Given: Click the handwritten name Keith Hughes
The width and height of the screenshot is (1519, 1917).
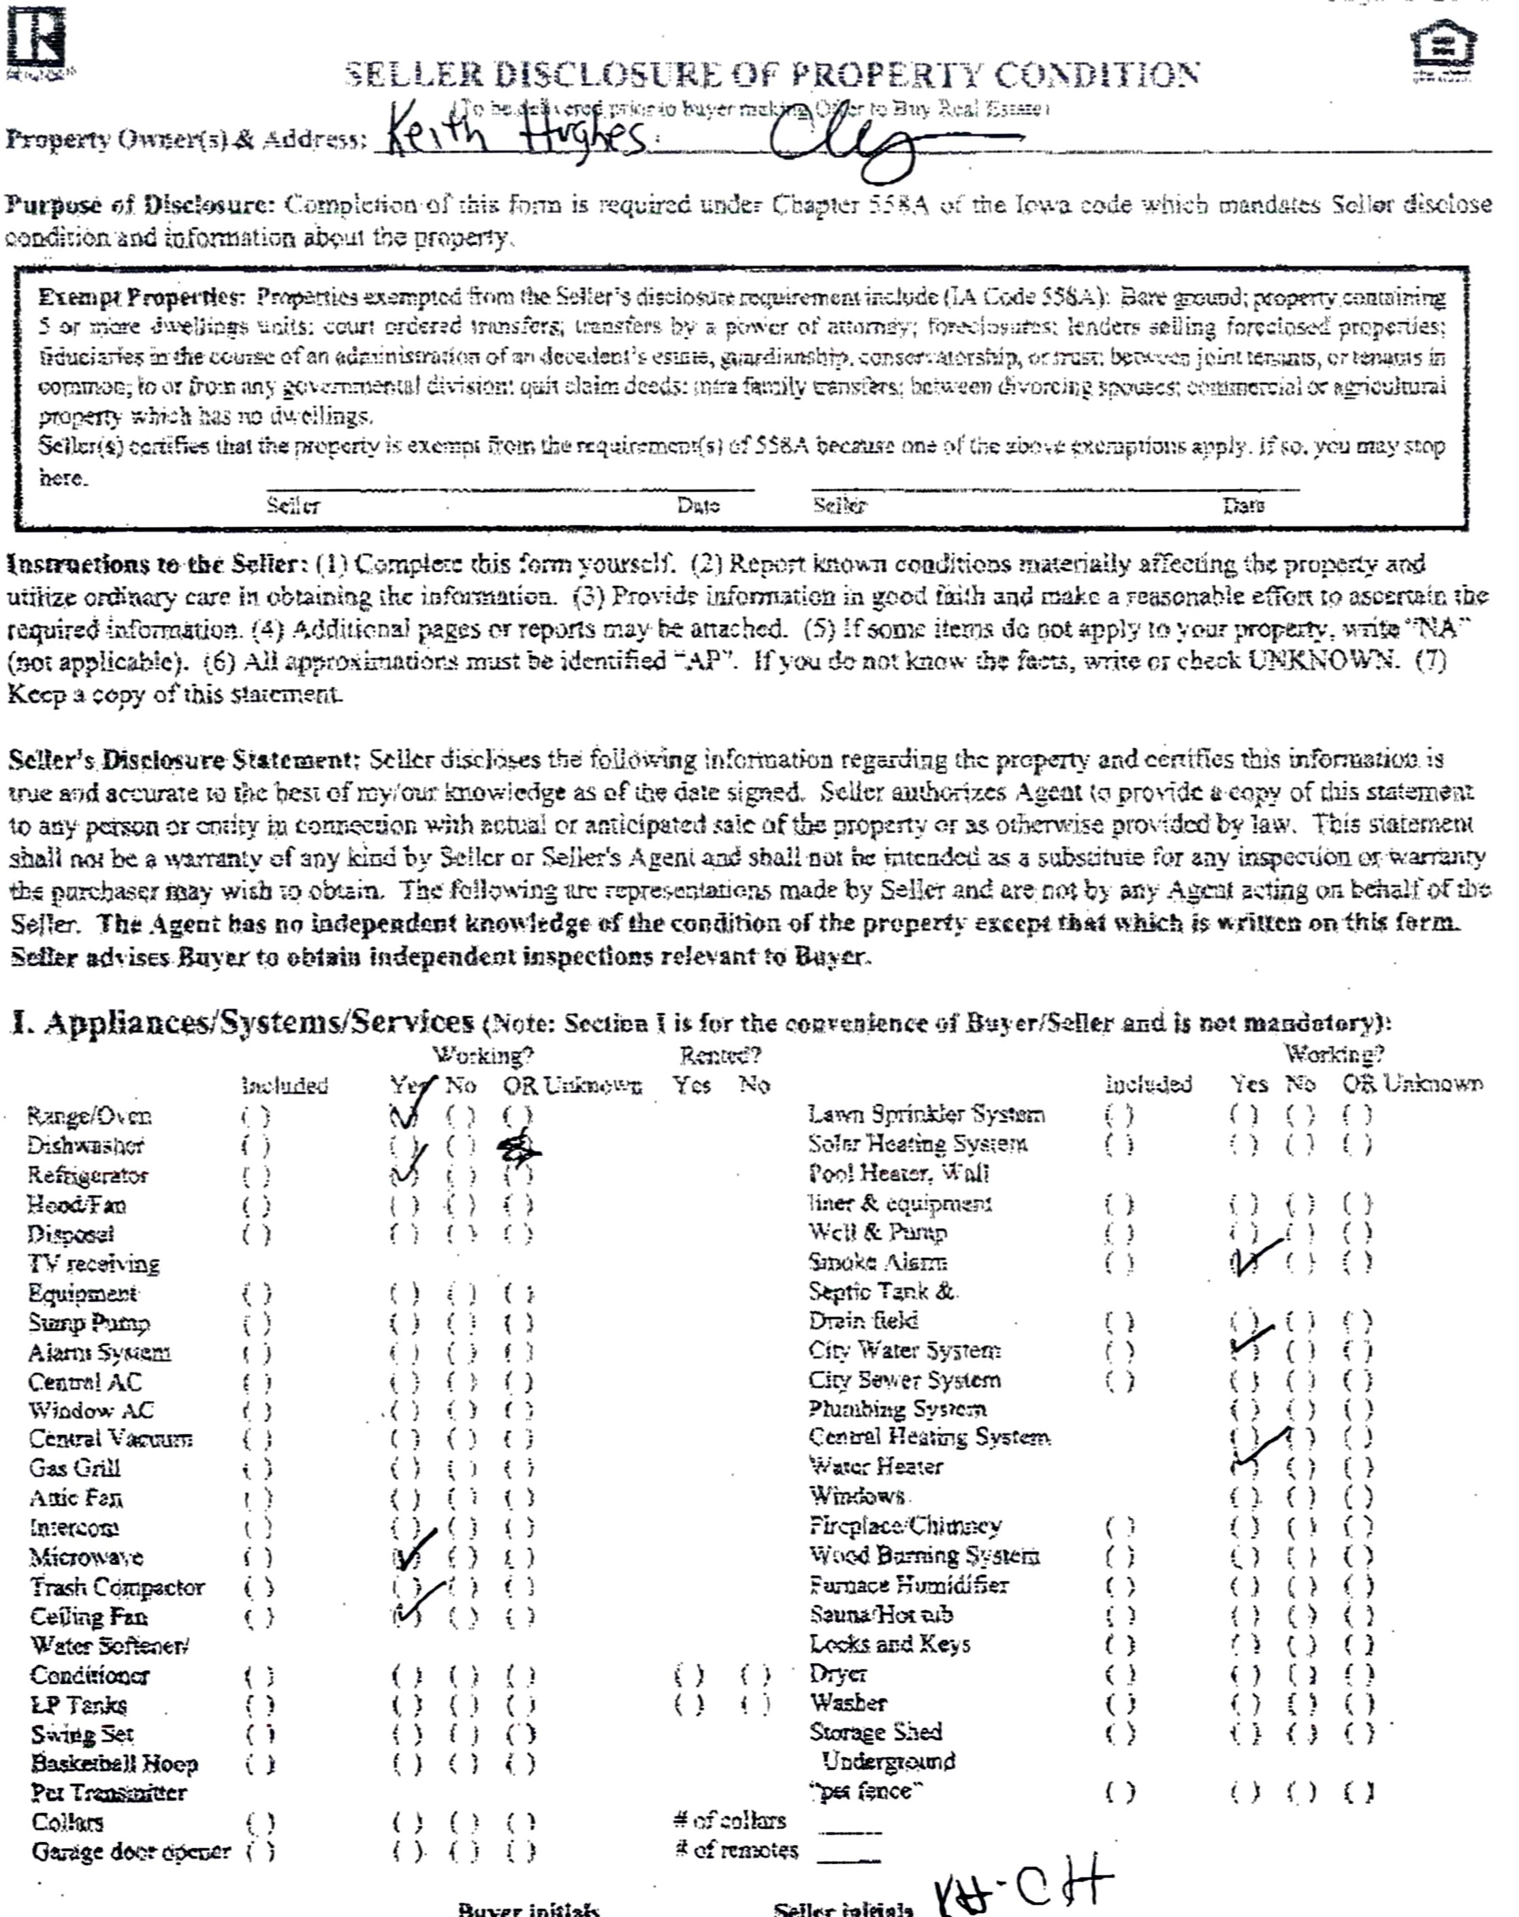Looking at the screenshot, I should click(516, 136).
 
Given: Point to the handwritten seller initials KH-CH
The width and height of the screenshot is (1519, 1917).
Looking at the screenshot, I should click(1023, 1883).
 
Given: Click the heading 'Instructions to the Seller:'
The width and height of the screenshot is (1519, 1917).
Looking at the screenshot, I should click(159, 564).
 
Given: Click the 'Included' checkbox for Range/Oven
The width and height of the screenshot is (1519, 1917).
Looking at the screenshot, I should click(255, 1116).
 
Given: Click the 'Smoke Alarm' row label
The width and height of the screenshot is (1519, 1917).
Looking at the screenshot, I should click(877, 1263).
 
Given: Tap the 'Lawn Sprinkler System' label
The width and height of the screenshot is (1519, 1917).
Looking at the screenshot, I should click(926, 1114).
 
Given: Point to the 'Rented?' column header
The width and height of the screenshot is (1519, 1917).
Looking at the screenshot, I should click(720, 1055).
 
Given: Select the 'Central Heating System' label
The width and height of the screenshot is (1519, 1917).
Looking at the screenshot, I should click(929, 1438).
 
